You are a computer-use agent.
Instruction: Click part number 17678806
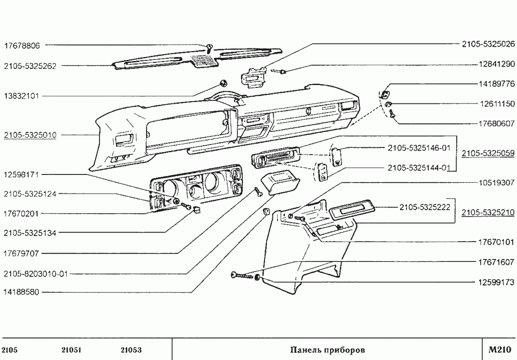pyautogui.click(x=22, y=46)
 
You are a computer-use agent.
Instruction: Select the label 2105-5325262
pyautogui.click(x=30, y=66)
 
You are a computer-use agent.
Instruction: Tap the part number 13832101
pyautogui.click(x=22, y=96)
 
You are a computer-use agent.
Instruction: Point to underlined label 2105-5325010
pyautogui.click(x=30, y=135)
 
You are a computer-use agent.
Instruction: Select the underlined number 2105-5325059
pyautogui.click(x=487, y=153)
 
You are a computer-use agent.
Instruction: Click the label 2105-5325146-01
pyautogui.click(x=419, y=147)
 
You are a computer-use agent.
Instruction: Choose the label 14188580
pyautogui.click(x=22, y=292)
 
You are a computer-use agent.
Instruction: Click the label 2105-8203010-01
pyautogui.click(x=35, y=274)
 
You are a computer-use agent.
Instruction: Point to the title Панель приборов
pyautogui.click(x=327, y=349)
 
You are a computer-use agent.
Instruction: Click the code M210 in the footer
pyautogui.click(x=499, y=349)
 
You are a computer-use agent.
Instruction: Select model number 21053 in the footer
pyautogui.click(x=131, y=349)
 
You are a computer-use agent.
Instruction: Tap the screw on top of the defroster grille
pyautogui.click(x=209, y=48)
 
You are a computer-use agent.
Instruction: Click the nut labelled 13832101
pyautogui.click(x=223, y=82)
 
